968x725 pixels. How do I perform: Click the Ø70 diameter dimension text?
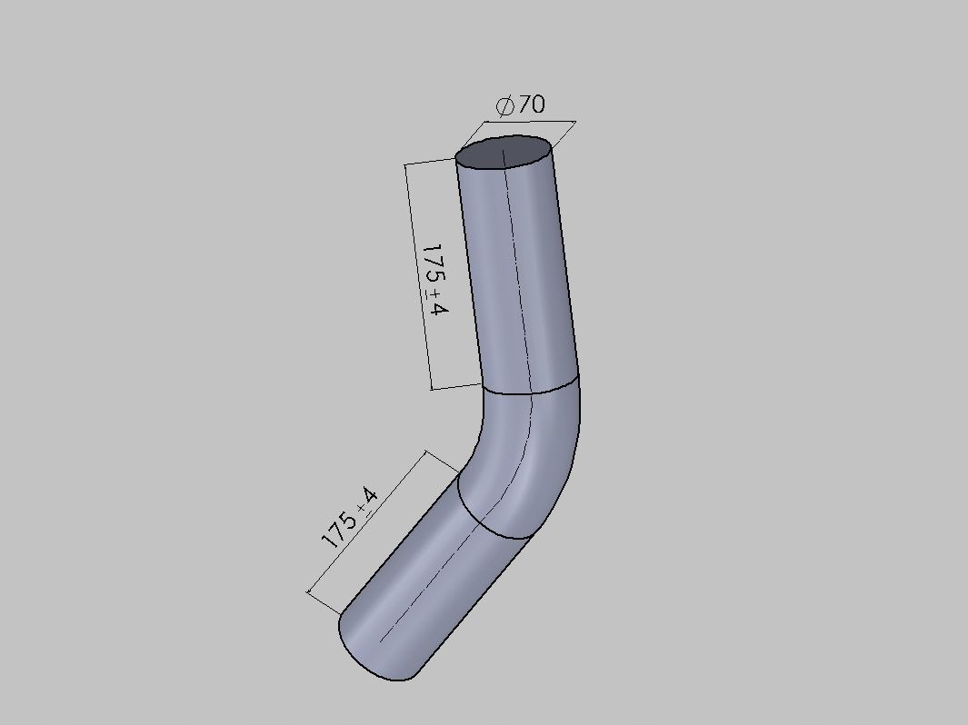coord(521,105)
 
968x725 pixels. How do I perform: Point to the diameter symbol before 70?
coord(505,107)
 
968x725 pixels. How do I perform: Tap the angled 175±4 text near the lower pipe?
coord(349,519)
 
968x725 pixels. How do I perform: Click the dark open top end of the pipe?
coord(504,153)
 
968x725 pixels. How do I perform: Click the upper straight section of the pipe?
coord(518,273)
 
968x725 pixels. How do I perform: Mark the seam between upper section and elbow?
coord(530,392)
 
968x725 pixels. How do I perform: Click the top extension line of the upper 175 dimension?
coord(430,162)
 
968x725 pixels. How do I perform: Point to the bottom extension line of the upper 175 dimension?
coord(454,386)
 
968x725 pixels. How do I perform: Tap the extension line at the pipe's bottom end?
coord(324,605)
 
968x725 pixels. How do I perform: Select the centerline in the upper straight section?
coord(515,273)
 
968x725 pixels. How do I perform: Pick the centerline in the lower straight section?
coord(427,581)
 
